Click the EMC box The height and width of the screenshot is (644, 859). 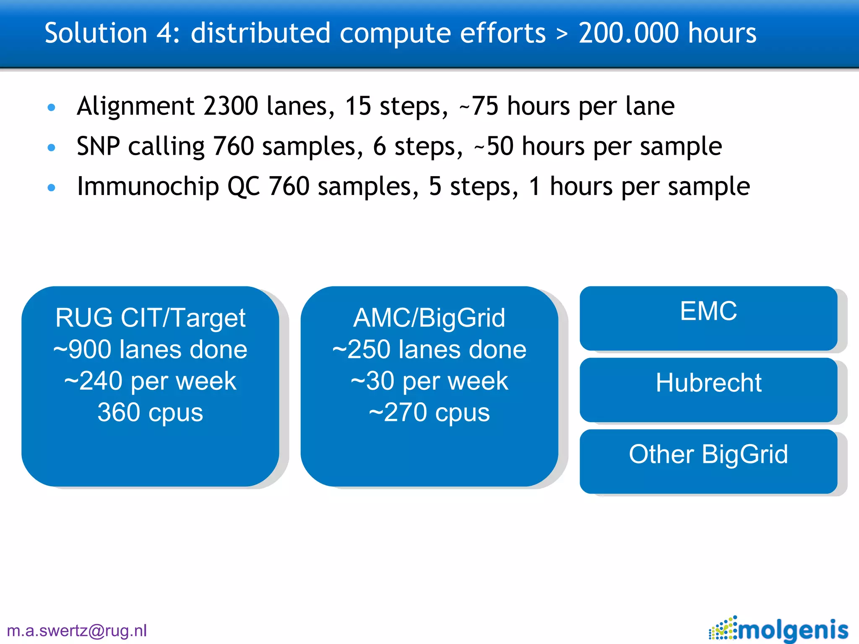[708, 318]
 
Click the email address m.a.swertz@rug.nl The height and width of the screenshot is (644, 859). [77, 631]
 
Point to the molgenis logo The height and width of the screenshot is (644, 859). [778, 629]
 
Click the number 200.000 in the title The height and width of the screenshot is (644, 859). [628, 33]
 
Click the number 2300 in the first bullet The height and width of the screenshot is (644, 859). [230, 106]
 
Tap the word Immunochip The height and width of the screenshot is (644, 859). [148, 187]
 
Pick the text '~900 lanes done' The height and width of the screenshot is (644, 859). [150, 349]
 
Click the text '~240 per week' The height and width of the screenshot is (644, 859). [150, 381]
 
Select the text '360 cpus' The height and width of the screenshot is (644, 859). [150, 413]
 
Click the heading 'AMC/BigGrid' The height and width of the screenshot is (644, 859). [429, 318]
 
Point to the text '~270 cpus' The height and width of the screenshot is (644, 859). [429, 413]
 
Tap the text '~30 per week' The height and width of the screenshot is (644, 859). [429, 381]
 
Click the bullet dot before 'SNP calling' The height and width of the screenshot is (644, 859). [52, 148]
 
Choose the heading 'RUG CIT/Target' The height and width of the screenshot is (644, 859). [150, 318]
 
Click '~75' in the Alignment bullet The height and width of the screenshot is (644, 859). [479, 106]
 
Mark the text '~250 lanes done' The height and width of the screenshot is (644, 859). [429, 349]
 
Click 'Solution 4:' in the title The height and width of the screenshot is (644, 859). [112, 33]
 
